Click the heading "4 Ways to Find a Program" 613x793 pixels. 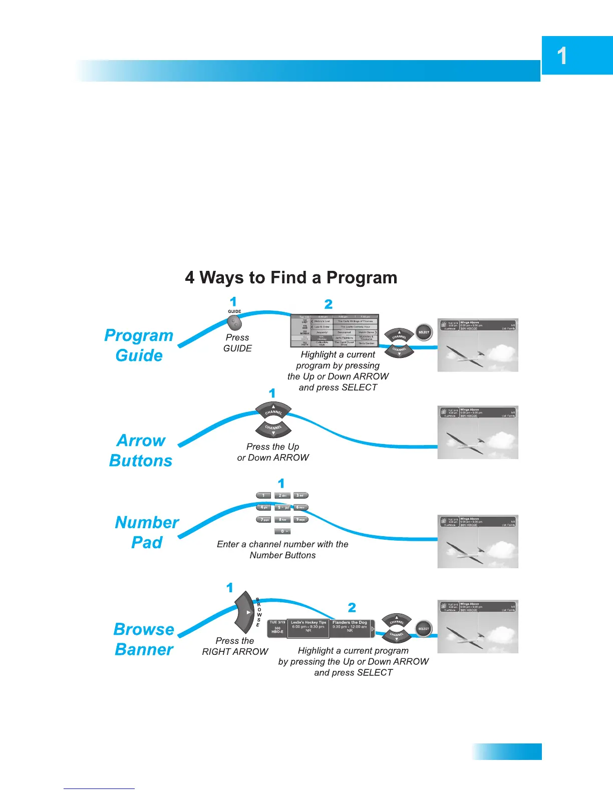point(291,278)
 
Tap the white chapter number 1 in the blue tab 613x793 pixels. point(562,56)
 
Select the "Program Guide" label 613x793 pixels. point(139,345)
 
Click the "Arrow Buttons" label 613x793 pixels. point(141,451)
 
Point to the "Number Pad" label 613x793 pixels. point(147,532)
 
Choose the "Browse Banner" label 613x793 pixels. point(144,639)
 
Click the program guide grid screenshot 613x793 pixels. point(335,331)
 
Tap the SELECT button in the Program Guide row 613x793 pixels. point(424,332)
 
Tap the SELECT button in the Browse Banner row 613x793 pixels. point(424,629)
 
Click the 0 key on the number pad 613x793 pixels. point(282,531)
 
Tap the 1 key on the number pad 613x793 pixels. point(263,496)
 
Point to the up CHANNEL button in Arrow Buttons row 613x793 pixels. point(273,410)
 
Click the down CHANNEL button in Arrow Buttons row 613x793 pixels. point(273,429)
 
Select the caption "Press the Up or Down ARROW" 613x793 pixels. point(273,452)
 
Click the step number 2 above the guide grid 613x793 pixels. point(329,304)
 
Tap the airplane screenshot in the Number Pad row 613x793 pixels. point(478,541)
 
